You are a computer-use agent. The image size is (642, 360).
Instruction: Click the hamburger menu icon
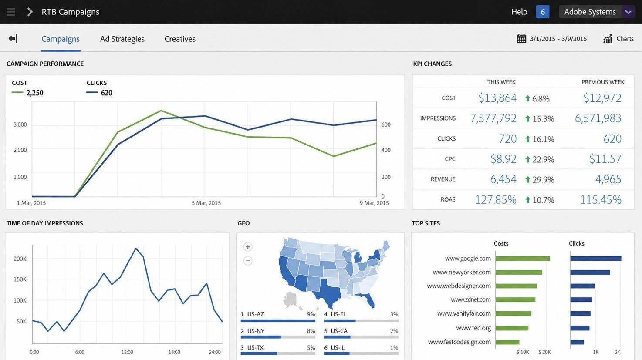coord(11,12)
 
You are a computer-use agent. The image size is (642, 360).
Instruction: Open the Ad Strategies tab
coord(122,39)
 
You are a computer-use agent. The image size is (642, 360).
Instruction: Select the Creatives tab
coord(180,39)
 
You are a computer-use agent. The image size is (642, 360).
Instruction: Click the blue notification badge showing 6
coord(542,12)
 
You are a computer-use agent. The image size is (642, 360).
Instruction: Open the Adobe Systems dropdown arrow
coord(628,12)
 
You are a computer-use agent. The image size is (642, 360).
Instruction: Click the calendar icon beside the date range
coord(521,39)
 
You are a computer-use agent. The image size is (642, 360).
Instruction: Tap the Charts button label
coord(625,39)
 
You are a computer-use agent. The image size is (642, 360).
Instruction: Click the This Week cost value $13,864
coord(497,98)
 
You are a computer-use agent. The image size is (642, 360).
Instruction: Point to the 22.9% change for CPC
coord(543,159)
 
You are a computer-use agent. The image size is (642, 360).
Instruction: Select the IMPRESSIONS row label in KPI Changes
coord(438,118)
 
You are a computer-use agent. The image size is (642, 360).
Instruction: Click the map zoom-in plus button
coord(248,247)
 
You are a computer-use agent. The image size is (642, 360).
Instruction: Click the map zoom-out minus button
coord(248,261)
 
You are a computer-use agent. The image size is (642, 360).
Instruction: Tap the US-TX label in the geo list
coord(257,348)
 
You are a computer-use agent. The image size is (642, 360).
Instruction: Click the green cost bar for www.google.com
coord(523,259)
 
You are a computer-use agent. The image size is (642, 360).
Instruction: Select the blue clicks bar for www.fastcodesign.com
coord(577,342)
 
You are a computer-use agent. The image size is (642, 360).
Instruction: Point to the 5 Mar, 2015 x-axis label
coord(206,203)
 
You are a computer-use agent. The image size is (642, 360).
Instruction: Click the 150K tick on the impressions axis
coord(20,279)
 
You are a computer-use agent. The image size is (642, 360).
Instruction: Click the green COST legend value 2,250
coord(34,93)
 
